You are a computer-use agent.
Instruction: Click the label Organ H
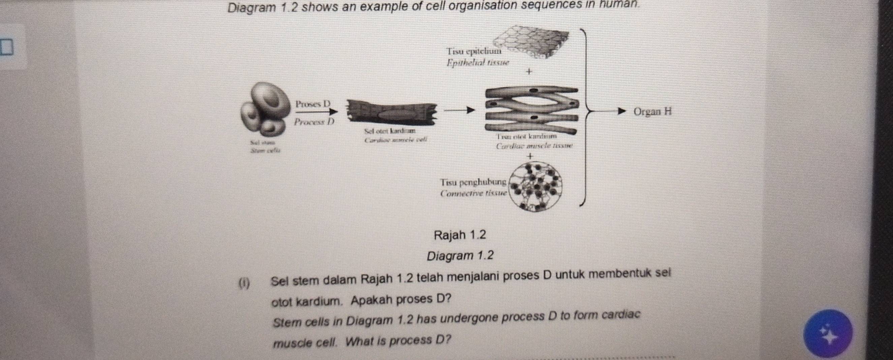point(652,112)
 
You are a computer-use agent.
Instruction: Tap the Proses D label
point(313,104)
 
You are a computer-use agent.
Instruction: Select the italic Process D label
point(314,122)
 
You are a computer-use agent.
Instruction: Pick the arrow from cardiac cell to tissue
point(459,110)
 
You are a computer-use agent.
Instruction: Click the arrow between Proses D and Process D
point(316,112)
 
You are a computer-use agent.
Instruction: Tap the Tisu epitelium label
point(473,51)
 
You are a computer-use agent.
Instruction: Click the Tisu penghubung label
point(473,182)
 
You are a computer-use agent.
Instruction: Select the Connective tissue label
point(473,193)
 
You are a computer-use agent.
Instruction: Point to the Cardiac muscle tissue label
point(534,146)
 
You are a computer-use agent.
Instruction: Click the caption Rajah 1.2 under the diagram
point(460,235)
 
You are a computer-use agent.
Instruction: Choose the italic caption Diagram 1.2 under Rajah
point(460,256)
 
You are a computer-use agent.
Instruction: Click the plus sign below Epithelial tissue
point(528,72)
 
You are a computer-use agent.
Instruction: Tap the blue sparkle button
point(828,333)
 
